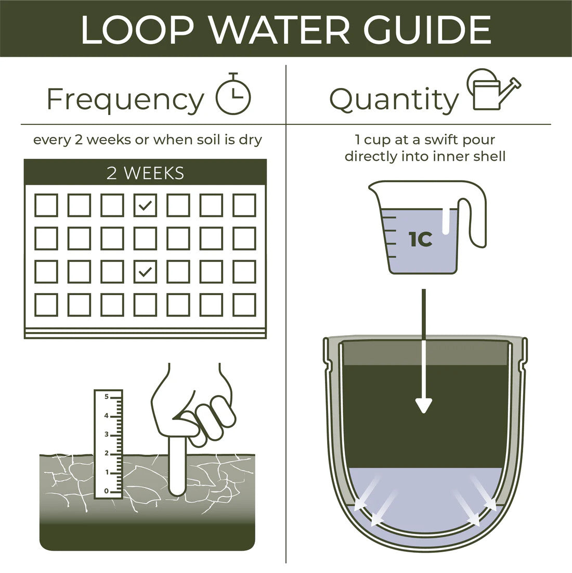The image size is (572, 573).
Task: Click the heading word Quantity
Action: click(394, 99)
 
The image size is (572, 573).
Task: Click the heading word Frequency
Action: click(125, 99)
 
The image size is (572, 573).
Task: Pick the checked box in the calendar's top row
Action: click(145, 205)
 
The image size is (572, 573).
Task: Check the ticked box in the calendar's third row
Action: click(145, 271)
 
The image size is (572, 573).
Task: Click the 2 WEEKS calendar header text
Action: click(145, 173)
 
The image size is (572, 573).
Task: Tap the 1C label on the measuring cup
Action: click(420, 240)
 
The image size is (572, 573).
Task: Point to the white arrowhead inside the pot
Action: click(424, 405)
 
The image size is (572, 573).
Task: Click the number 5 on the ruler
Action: click(107, 397)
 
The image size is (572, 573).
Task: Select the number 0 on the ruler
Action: click(107, 491)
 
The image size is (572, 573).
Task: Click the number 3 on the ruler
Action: click(107, 435)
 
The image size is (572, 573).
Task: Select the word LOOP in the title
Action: click(136, 30)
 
